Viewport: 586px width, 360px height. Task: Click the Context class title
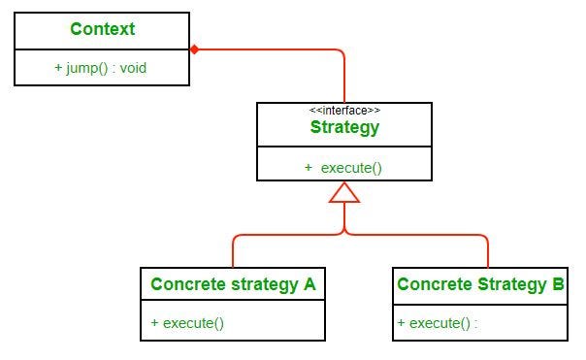[102, 29]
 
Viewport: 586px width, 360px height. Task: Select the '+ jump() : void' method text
[101, 68]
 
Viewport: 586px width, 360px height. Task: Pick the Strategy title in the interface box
[344, 127]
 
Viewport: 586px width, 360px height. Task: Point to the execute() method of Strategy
[343, 167]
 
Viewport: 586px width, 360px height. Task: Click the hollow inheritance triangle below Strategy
[344, 192]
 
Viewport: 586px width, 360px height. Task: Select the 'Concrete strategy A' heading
[233, 284]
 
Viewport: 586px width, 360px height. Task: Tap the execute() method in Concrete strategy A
[187, 322]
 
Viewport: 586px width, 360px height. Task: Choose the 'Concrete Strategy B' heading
[480, 284]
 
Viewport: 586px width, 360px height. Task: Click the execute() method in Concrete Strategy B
[438, 323]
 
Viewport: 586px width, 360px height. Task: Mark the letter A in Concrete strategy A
[309, 284]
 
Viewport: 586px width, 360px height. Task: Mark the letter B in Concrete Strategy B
[558, 284]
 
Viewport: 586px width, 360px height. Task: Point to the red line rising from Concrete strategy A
[233, 252]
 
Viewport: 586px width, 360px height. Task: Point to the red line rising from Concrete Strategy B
[488, 252]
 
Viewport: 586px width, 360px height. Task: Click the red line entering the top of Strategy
[344, 82]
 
